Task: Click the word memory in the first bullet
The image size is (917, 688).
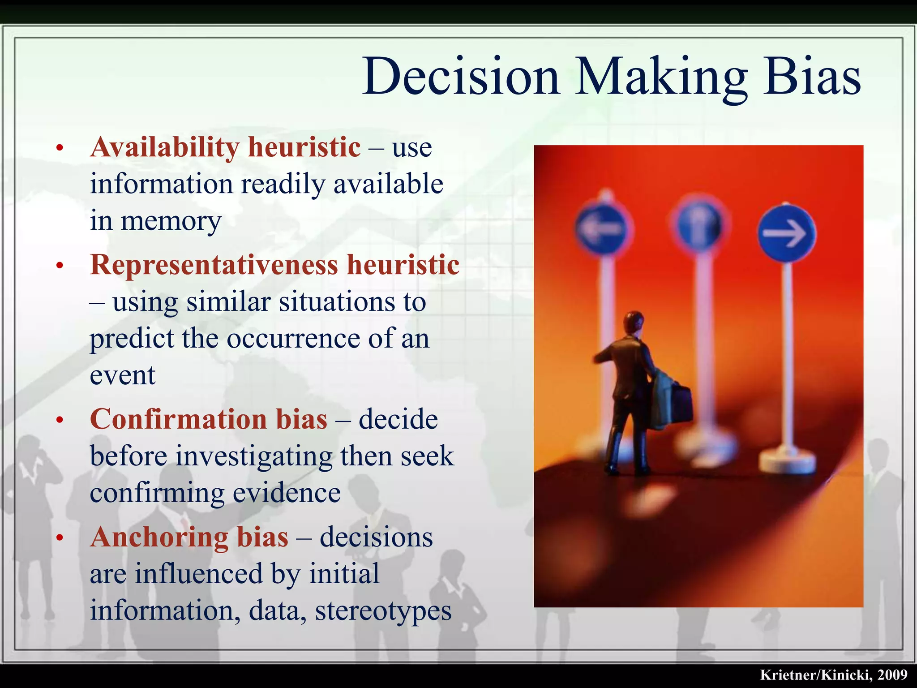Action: click(171, 221)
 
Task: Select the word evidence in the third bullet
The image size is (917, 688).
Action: click(287, 493)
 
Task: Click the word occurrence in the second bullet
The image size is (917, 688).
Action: click(293, 339)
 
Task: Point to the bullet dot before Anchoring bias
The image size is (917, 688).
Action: click(60, 537)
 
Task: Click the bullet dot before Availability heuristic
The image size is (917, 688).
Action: click(60, 148)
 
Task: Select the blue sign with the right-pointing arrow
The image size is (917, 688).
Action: click(787, 233)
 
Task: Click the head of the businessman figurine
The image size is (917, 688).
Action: click(634, 322)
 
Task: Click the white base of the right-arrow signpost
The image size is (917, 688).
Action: click(787, 461)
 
